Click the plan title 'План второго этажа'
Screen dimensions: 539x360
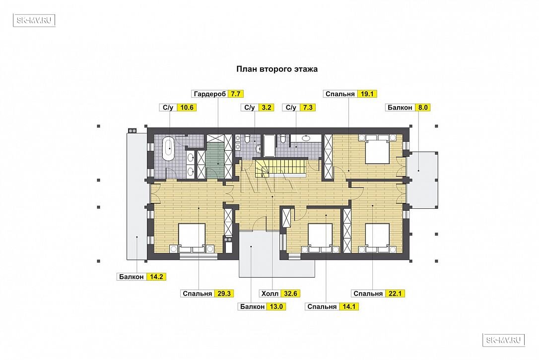coord(277,69)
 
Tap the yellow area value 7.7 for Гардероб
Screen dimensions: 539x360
coord(235,94)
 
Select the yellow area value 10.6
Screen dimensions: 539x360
coord(187,108)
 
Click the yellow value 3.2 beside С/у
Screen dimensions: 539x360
coord(267,108)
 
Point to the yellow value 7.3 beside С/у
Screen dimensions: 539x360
coord(308,108)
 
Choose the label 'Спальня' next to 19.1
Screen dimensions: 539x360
coord(340,94)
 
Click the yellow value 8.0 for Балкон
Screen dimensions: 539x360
coord(423,108)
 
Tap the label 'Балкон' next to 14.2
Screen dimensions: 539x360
coord(132,277)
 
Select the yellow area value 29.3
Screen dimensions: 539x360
coord(224,294)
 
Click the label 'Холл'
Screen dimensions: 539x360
coord(270,294)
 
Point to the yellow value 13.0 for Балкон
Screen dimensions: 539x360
coord(276,307)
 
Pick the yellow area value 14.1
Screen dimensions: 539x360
coord(349,307)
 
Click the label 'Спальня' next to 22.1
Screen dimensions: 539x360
coord(368,294)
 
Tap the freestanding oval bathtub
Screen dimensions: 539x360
coord(169,148)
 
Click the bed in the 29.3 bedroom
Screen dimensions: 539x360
coord(192,238)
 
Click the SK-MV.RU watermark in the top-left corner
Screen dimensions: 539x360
coord(34,20)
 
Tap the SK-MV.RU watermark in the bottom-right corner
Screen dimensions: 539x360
coord(504,340)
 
